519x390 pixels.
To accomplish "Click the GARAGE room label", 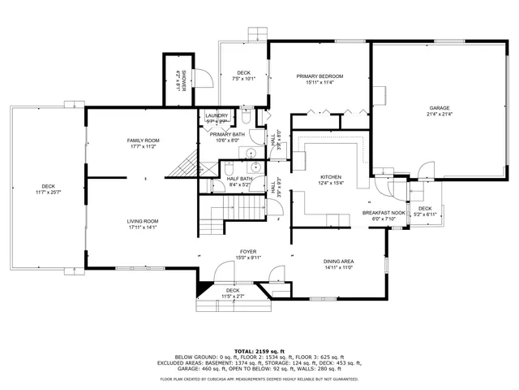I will click(440, 108).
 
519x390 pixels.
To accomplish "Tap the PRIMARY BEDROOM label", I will click(320, 76).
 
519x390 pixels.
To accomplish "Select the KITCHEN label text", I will click(331, 177).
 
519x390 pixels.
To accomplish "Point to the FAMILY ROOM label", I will click(143, 141).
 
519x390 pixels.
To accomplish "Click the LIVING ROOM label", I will click(142, 221).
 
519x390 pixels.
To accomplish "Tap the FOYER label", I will click(248, 252).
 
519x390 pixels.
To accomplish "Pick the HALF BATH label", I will click(239, 179).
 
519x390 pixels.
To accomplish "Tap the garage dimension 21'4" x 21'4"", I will click(440, 115).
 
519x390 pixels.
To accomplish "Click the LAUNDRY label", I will click(217, 116).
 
